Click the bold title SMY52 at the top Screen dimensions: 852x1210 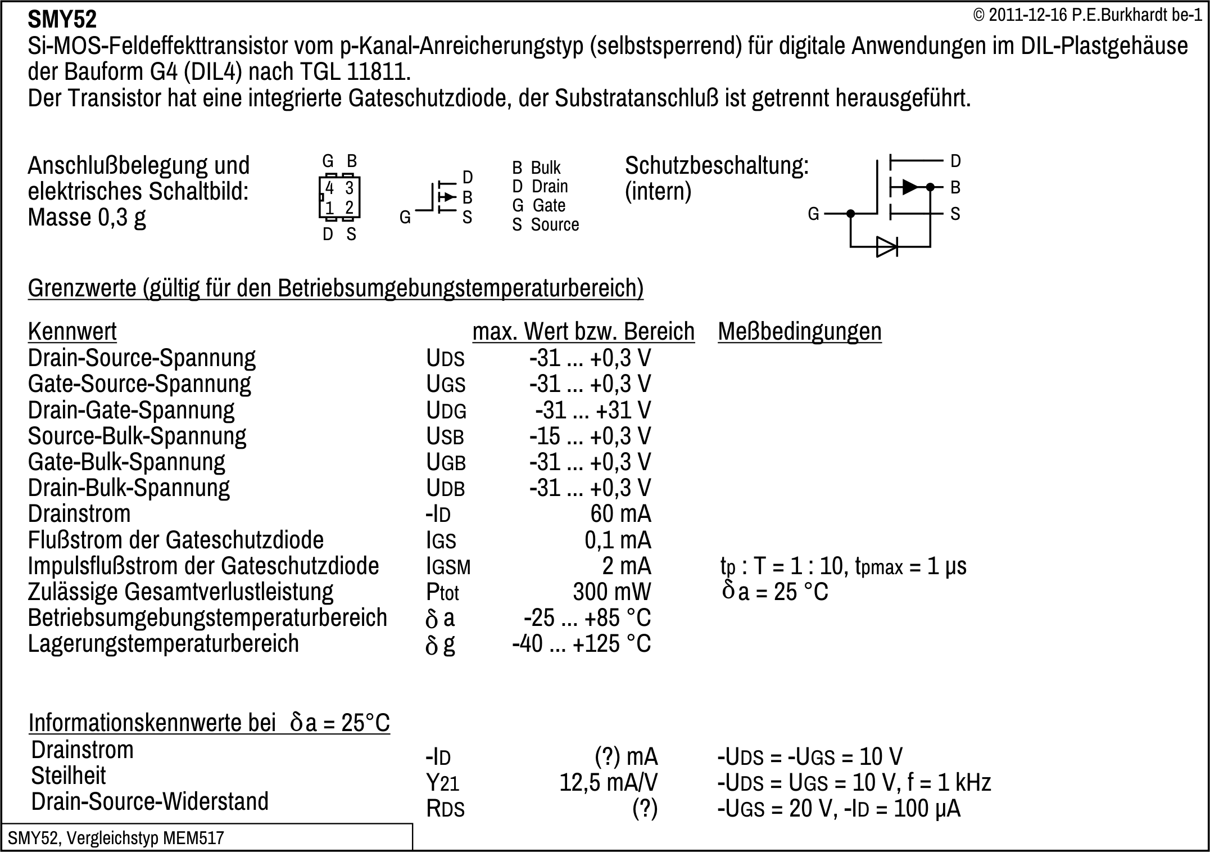pyautogui.click(x=62, y=20)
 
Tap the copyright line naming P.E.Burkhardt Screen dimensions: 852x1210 pyautogui.click(x=1087, y=15)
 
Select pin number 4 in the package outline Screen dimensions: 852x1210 pyautogui.click(x=330, y=188)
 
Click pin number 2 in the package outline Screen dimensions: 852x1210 pyautogui.click(x=350, y=208)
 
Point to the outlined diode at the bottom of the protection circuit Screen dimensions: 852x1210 pyautogui.click(x=886, y=246)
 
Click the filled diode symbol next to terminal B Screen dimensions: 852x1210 pyautogui.click(x=909, y=187)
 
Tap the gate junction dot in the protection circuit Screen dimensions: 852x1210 pyautogui.click(x=851, y=214)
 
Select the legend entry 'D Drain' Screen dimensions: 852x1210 pyautogui.click(x=540, y=186)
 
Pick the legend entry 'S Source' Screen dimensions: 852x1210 pyautogui.click(x=545, y=224)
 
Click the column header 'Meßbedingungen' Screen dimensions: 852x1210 pyautogui.click(x=799, y=331)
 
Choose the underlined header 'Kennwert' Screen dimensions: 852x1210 pyautogui.click(x=72, y=331)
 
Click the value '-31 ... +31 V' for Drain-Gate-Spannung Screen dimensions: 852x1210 pyautogui.click(x=593, y=410)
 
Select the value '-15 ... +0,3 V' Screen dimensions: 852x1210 pyautogui.click(x=590, y=436)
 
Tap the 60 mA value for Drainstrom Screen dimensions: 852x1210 pyautogui.click(x=620, y=513)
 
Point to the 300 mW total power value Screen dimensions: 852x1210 pyautogui.click(x=611, y=592)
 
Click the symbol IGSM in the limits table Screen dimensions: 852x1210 pyautogui.click(x=448, y=566)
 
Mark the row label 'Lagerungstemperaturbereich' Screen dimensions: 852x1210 pyautogui.click(x=164, y=643)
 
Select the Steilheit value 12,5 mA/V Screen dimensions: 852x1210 pyautogui.click(x=608, y=782)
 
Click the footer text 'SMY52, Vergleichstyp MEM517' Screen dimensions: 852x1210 pyautogui.click(x=116, y=838)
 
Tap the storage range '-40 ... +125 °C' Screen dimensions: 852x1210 pyautogui.click(x=581, y=643)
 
